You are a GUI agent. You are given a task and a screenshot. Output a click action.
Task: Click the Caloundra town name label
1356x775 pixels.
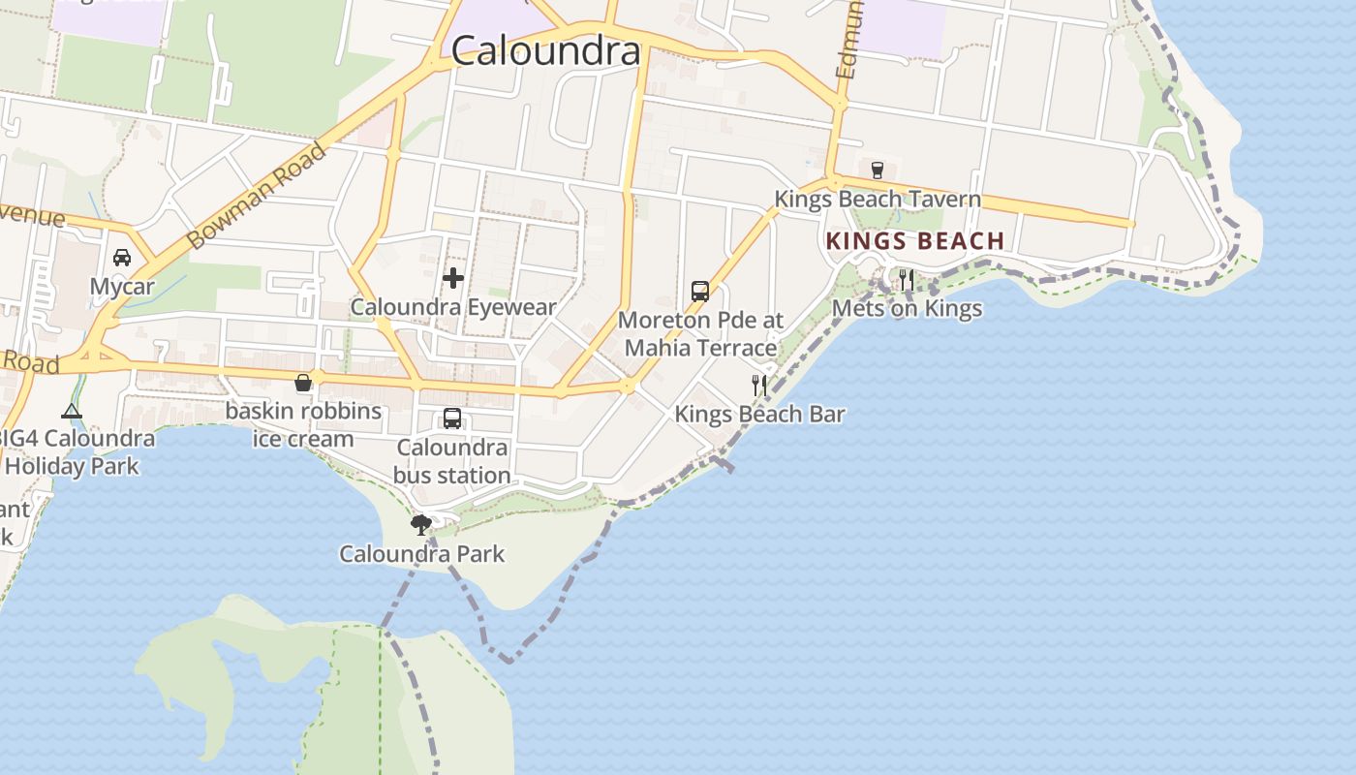(545, 50)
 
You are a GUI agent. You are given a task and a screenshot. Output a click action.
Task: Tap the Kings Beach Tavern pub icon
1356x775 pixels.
(878, 170)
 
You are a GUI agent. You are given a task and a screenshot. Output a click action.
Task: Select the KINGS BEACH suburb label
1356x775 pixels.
(914, 241)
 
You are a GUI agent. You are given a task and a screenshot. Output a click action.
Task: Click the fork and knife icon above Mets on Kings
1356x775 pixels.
(907, 280)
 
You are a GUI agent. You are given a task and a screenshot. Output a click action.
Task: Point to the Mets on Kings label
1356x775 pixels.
(907, 309)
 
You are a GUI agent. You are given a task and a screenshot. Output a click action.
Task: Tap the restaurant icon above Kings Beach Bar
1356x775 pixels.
(759, 386)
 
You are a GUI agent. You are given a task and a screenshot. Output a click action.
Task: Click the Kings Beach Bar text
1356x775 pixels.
(759, 415)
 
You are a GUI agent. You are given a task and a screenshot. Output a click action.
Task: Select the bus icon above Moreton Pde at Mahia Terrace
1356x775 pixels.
(700, 291)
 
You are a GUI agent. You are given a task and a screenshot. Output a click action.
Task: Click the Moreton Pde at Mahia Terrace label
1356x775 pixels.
(700, 333)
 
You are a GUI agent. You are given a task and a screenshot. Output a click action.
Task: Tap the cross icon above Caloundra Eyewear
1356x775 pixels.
(452, 279)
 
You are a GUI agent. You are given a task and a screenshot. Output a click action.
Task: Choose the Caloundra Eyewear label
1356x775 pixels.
(452, 308)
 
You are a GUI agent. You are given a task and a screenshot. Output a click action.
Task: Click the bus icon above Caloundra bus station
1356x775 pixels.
(452, 418)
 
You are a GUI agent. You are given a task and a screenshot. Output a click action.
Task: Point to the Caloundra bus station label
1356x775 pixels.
(452, 461)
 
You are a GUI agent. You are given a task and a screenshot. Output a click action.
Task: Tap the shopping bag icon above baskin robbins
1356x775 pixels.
(303, 383)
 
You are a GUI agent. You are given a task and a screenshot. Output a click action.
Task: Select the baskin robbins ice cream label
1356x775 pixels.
(303, 424)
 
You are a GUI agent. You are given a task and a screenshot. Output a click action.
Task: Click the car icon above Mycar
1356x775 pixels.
(122, 258)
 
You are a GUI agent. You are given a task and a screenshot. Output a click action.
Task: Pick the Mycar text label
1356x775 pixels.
(122, 287)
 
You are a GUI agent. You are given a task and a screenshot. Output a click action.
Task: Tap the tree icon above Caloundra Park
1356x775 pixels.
(421, 525)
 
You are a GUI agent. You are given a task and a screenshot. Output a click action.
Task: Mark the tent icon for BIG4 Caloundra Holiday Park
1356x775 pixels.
(72, 412)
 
